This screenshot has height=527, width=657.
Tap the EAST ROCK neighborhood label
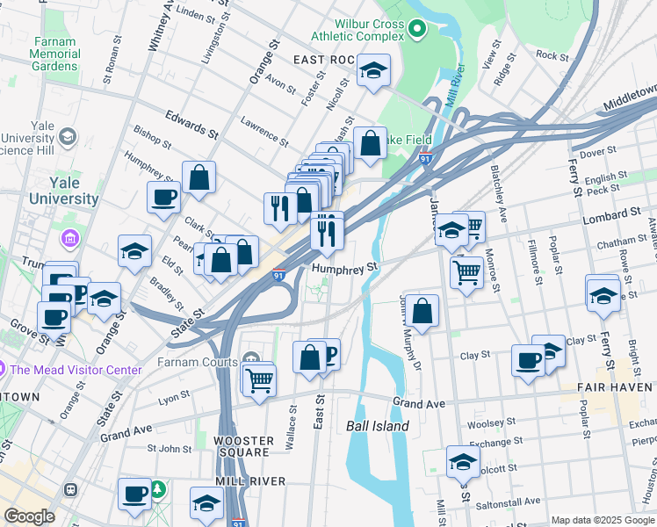pyautogui.click(x=323, y=60)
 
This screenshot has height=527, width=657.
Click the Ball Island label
pyautogui.click(x=377, y=426)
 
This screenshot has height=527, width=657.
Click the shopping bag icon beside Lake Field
pyautogui.click(x=371, y=144)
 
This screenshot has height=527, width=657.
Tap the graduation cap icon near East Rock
pyautogui.click(x=373, y=71)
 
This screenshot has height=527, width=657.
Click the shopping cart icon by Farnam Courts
pyautogui.click(x=259, y=382)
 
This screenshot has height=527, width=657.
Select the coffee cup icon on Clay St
pyautogui.click(x=529, y=361)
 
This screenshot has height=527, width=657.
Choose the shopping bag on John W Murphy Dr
pyautogui.click(x=422, y=311)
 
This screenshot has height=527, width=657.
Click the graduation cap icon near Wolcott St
pyautogui.click(x=463, y=460)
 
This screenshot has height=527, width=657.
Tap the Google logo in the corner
pyautogui.click(x=29, y=516)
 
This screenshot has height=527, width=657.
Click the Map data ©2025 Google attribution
pyautogui.click(x=603, y=520)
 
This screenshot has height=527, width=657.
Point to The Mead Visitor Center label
pyautogui.click(x=75, y=370)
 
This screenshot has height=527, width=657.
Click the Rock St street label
pyautogui.click(x=552, y=55)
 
